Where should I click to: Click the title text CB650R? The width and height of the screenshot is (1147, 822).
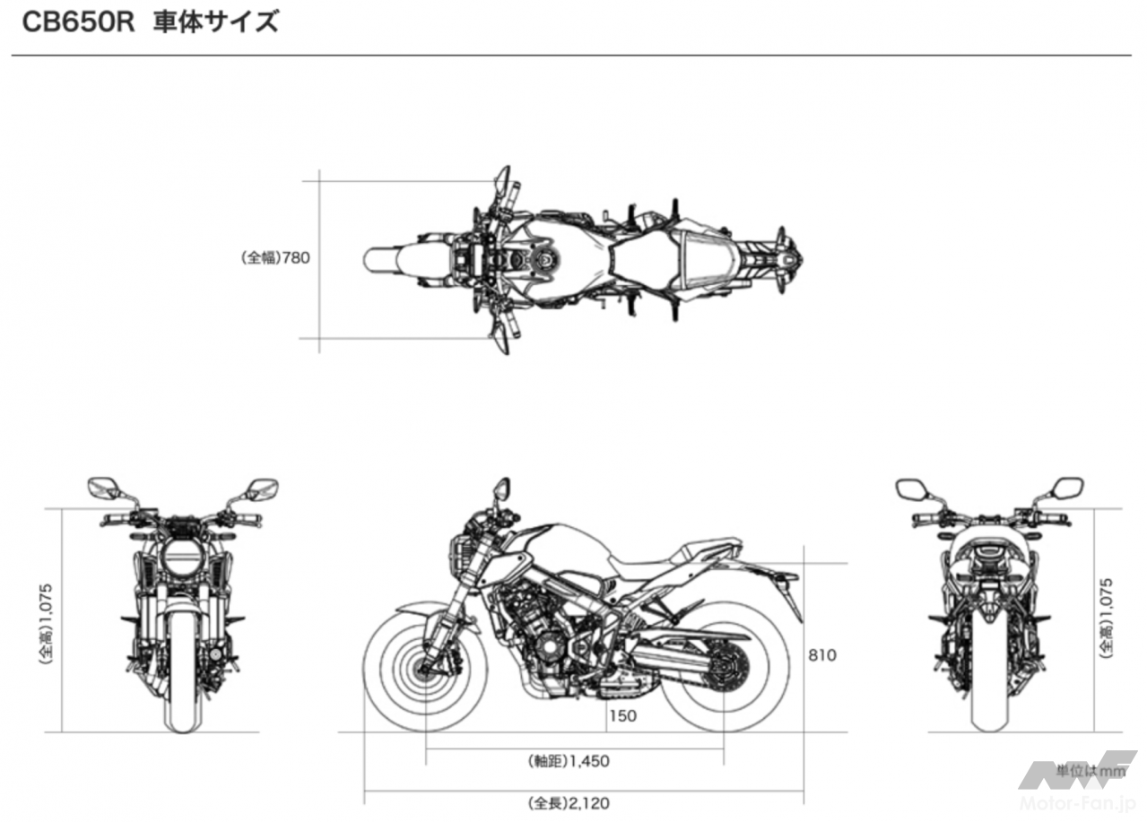[78, 22]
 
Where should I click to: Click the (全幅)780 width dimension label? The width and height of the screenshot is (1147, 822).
[276, 258]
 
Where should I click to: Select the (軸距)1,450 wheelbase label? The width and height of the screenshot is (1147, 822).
[568, 761]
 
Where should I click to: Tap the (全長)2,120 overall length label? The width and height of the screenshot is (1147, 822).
[568, 803]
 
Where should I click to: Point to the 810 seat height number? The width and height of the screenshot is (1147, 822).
[821, 655]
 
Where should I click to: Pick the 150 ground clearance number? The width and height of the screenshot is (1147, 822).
[621, 715]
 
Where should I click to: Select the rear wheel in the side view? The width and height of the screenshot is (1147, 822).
[723, 668]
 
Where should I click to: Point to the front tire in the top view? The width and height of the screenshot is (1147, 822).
[386, 260]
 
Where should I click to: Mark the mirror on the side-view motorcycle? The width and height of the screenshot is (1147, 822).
[500, 489]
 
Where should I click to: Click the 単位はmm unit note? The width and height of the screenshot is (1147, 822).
[1090, 770]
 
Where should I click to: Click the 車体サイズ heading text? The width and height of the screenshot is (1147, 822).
[215, 22]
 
